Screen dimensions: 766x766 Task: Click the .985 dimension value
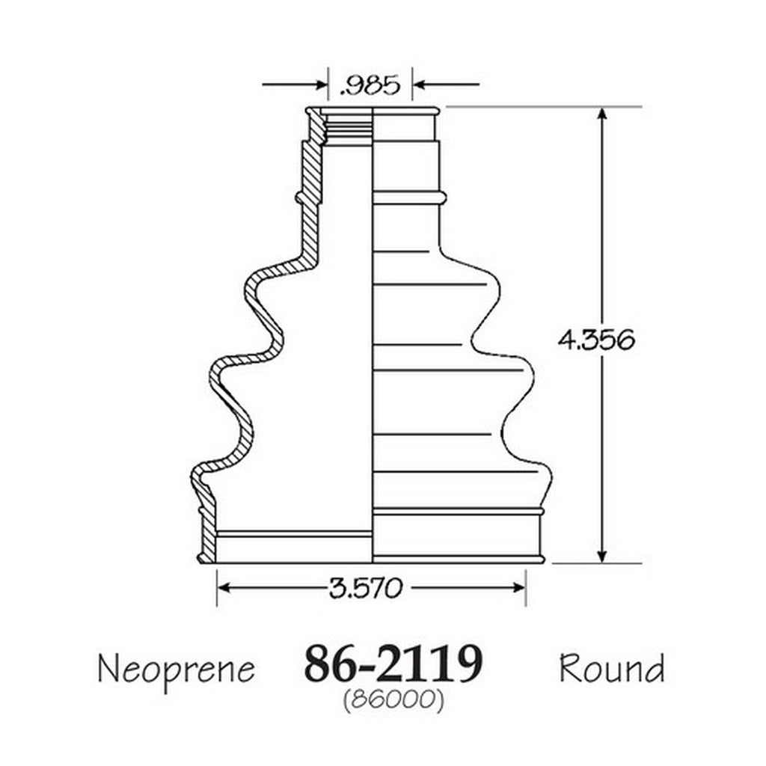point(370,86)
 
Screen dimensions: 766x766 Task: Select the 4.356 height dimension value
point(596,340)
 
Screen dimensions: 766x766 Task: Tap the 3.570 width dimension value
point(365,588)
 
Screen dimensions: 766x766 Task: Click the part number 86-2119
point(393,664)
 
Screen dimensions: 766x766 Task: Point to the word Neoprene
point(177,670)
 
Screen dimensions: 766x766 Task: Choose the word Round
point(612,668)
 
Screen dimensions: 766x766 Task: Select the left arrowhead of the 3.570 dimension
point(224,588)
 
